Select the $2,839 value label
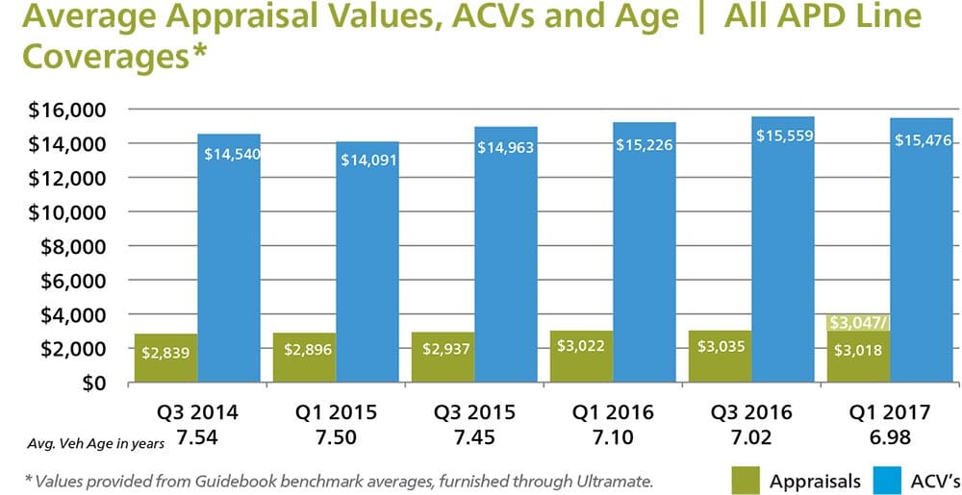(x=166, y=353)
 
